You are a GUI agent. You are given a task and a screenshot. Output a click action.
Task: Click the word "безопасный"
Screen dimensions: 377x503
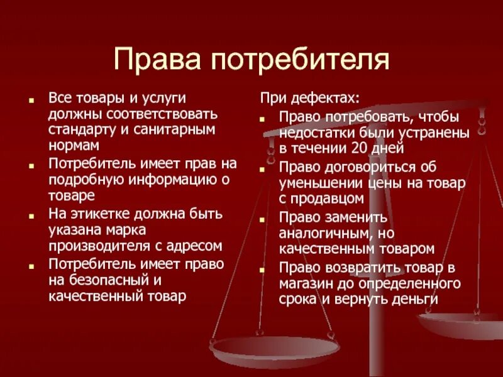point(118,280)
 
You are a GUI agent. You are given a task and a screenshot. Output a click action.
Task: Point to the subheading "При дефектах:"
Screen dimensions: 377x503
point(310,100)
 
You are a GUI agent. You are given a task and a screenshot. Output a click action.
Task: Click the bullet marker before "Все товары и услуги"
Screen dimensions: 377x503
point(31,101)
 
